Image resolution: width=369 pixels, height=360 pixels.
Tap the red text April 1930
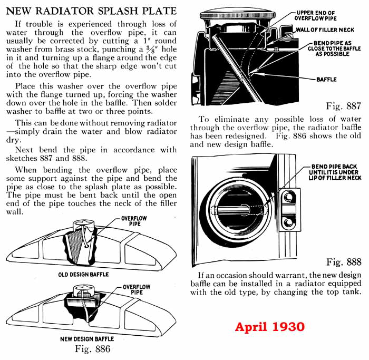click(269, 327)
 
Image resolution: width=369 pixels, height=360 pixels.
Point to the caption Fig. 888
click(344, 262)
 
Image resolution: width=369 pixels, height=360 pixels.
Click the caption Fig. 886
click(93, 348)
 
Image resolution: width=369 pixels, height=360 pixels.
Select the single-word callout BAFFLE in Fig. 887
click(326, 80)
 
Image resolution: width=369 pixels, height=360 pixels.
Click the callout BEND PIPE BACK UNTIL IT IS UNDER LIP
click(336, 172)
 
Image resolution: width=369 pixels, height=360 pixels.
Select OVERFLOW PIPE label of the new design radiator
click(136, 290)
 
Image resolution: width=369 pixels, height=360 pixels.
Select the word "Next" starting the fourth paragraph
click(25, 150)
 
